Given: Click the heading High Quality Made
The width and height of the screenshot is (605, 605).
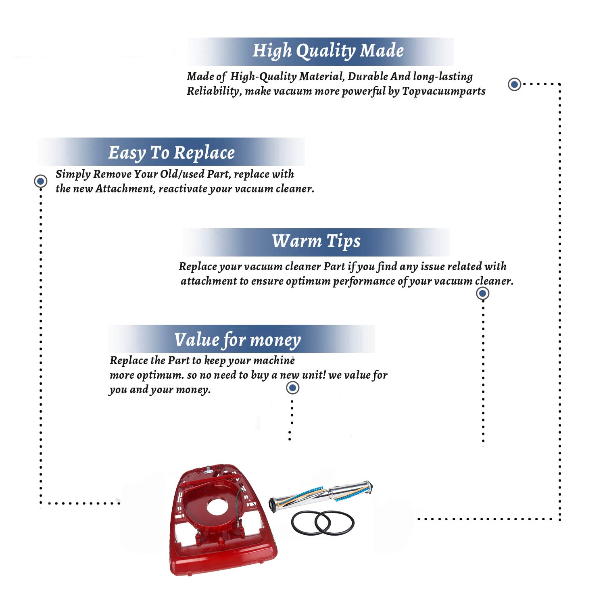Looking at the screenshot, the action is (x=328, y=51).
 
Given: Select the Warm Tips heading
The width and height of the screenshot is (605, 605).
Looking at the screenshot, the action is (x=316, y=242).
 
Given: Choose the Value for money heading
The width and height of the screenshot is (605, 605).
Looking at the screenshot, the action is (x=237, y=340).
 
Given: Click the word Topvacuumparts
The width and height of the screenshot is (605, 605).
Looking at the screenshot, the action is (x=444, y=92).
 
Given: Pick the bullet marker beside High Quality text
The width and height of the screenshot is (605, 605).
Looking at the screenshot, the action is (x=514, y=84).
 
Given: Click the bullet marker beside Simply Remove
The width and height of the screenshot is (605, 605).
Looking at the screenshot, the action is (x=40, y=181).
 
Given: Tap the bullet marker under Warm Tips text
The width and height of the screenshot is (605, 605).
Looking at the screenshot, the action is (x=483, y=293).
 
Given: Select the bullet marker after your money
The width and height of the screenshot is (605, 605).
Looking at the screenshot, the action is (x=292, y=388).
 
